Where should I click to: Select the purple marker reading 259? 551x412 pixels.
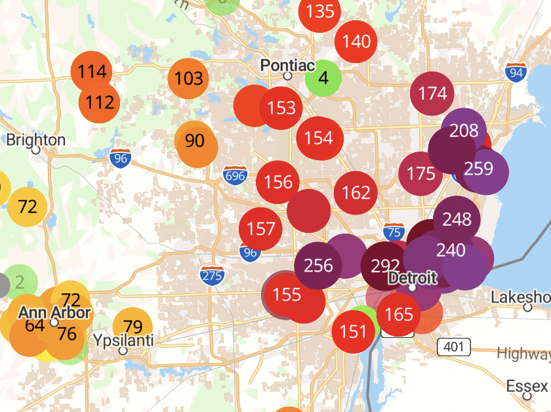(478, 169)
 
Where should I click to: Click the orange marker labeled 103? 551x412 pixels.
(189, 79)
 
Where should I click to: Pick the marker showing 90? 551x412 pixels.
(195, 141)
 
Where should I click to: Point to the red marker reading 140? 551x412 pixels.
(356, 42)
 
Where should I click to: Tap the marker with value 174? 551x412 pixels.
(432, 94)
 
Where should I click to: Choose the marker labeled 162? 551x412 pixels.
(356, 193)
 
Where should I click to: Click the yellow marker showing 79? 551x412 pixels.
(133, 327)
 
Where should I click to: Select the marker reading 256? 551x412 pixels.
(319, 266)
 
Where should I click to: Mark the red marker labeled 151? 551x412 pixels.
(354, 332)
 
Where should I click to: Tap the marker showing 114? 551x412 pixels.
(92, 72)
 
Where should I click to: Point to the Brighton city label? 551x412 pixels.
(35, 140)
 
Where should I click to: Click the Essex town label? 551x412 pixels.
(528, 384)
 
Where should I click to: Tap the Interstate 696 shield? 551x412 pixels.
(234, 176)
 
